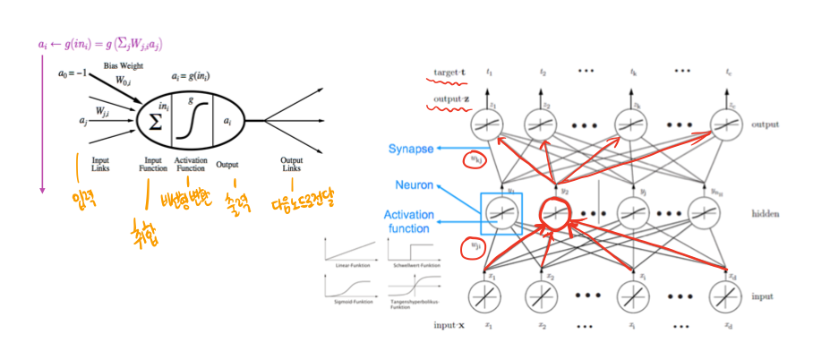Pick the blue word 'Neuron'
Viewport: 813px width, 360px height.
coord(417,184)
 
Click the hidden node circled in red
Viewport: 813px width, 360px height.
coord(556,213)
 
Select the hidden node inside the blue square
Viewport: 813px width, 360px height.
coord(501,213)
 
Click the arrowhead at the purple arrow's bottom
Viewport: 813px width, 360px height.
coord(42,190)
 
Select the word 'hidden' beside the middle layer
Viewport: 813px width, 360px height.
coord(765,215)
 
